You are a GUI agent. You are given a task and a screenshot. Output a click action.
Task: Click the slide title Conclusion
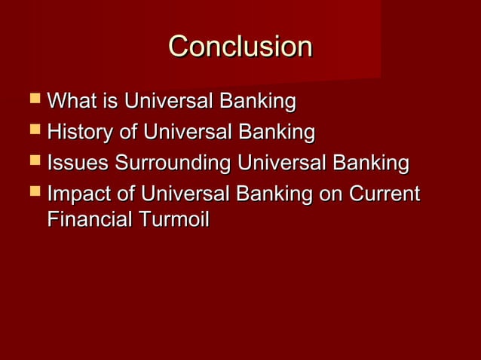click(x=240, y=47)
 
